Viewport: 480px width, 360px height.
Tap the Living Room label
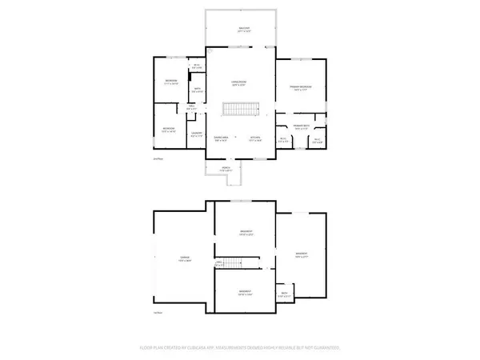[x=238, y=82]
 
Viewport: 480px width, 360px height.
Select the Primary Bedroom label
[x=301, y=87]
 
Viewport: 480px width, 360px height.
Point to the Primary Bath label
[x=302, y=126]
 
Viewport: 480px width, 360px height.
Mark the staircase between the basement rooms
[x=232, y=262]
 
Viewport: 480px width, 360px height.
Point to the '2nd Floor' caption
[x=157, y=160]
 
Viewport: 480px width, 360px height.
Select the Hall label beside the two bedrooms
[x=192, y=106]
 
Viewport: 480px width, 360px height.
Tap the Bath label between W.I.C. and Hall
[x=198, y=90]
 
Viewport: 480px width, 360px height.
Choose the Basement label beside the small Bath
[x=302, y=256]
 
